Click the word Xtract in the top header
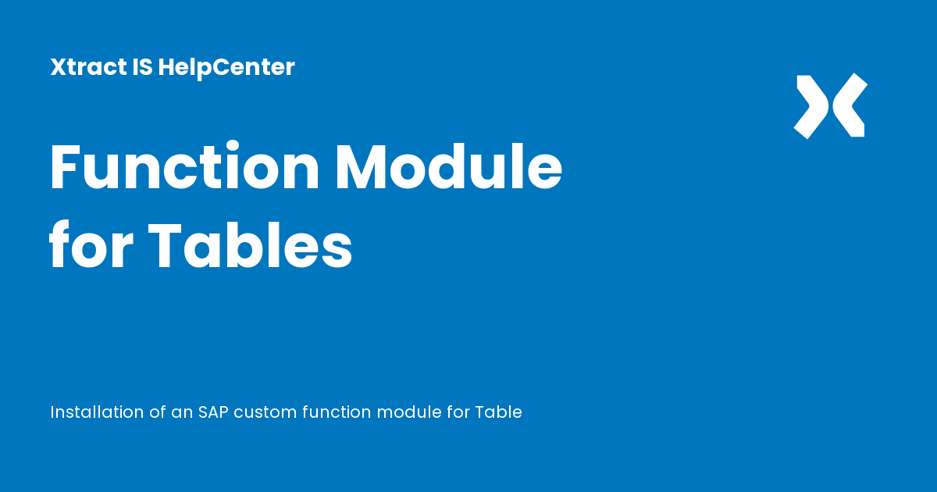(88, 67)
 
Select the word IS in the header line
(143, 67)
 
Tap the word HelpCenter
(226, 68)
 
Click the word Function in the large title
(184, 166)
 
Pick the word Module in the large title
(449, 166)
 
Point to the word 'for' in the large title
(91, 244)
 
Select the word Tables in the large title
(250, 244)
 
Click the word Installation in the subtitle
(97, 412)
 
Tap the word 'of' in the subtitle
(158, 412)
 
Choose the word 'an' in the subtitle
(182, 413)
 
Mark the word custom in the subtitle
(265, 413)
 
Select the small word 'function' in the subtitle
(337, 412)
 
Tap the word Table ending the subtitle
(499, 412)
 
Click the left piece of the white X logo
(811, 107)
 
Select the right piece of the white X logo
(850, 105)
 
